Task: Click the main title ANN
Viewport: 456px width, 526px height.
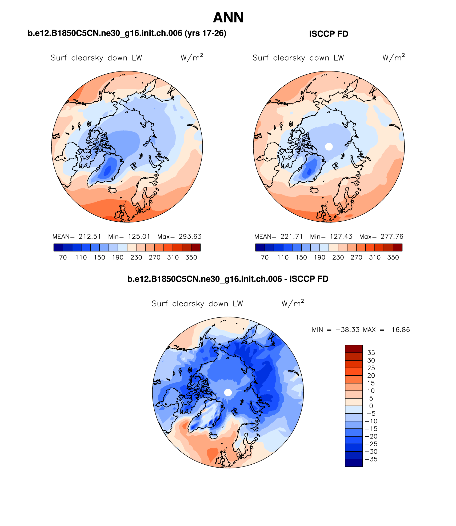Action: point(228,18)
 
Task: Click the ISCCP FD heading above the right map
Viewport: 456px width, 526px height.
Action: point(329,34)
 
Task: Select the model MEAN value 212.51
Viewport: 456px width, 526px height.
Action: point(90,237)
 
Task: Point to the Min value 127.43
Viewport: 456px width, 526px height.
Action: point(341,237)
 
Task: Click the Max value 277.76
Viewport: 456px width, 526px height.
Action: point(392,237)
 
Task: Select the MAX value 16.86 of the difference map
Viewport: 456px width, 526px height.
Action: point(401,330)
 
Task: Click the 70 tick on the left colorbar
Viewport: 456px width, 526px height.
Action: point(63,257)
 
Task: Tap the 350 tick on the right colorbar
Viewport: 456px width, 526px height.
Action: point(393,257)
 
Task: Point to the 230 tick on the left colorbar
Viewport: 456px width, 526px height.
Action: point(136,257)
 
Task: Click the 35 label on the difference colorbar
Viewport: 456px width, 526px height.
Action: point(371,353)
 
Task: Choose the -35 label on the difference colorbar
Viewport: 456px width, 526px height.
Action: point(371,459)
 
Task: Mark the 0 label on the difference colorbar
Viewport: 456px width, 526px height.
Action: point(371,406)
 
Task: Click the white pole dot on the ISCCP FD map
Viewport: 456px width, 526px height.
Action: point(329,146)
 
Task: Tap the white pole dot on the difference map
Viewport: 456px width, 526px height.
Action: point(228,392)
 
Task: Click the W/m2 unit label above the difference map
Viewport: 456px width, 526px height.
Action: point(293,304)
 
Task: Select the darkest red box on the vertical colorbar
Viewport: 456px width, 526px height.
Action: point(354,349)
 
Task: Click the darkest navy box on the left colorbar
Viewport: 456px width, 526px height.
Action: point(58,248)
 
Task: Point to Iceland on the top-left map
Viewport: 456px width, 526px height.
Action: point(113,190)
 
